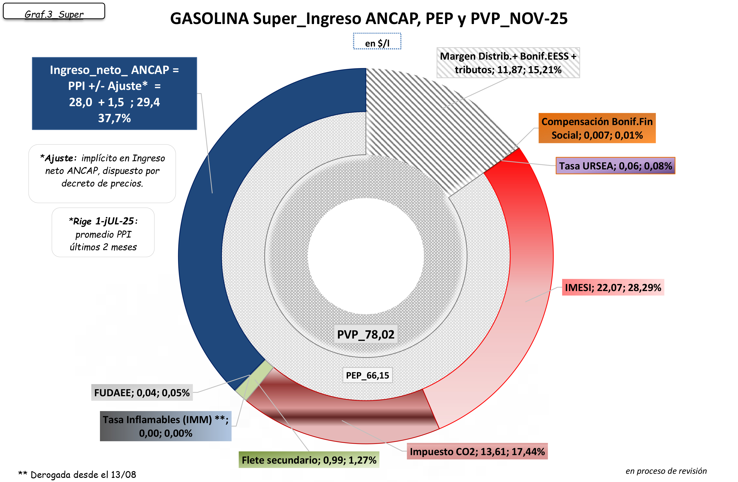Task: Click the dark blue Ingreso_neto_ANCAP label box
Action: pyautogui.click(x=114, y=94)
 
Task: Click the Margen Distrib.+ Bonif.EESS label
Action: pyautogui.click(x=508, y=63)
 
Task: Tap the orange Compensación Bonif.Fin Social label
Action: pyautogui.click(x=597, y=128)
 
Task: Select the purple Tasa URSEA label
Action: pyautogui.click(x=615, y=166)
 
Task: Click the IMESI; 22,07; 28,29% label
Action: pyautogui.click(x=613, y=287)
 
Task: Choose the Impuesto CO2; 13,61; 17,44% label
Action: pyautogui.click(x=477, y=451)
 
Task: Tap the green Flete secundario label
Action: pyautogui.click(x=309, y=460)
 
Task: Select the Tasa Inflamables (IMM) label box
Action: pyautogui.click(x=166, y=426)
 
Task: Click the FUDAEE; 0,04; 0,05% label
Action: pyautogui.click(x=142, y=393)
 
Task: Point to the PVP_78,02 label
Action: pyautogui.click(x=366, y=334)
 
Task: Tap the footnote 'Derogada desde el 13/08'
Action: pyautogui.click(x=77, y=474)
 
